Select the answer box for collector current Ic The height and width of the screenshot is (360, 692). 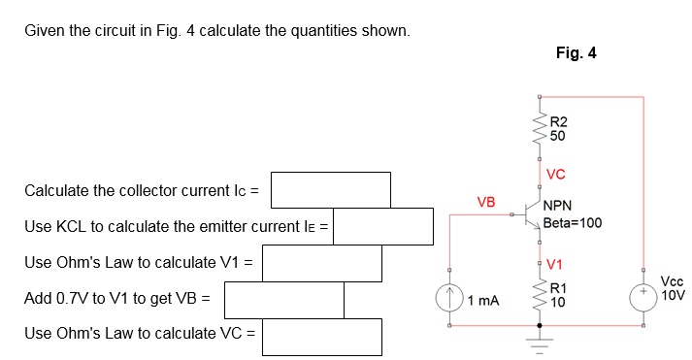(330, 190)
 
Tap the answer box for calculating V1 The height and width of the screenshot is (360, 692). (322, 263)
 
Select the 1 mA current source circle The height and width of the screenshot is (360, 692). (449, 299)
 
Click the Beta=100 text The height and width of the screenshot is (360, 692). (573, 222)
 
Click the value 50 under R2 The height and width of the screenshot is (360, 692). (557, 137)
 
